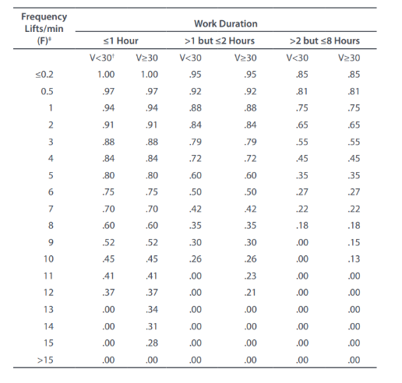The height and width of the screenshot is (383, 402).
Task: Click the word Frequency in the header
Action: point(44,16)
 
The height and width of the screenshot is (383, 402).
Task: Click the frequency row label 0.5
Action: point(47,91)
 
